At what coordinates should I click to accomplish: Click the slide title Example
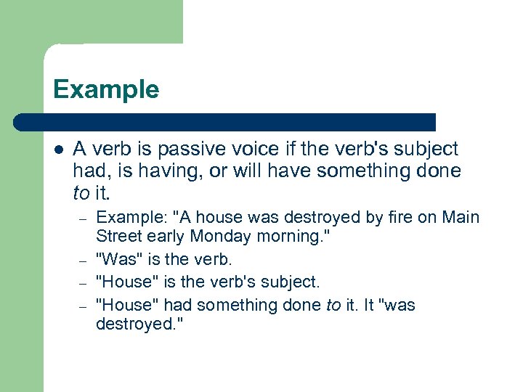pyautogui.click(x=105, y=90)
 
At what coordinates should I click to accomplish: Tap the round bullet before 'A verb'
pyautogui.click(x=58, y=150)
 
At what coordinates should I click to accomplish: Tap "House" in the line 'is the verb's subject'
pyautogui.click(x=123, y=282)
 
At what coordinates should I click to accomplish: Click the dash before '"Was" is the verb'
pyautogui.click(x=84, y=260)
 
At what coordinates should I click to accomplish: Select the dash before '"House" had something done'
pyautogui.click(x=84, y=305)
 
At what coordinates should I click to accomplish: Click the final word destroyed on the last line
pyautogui.click(x=137, y=324)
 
